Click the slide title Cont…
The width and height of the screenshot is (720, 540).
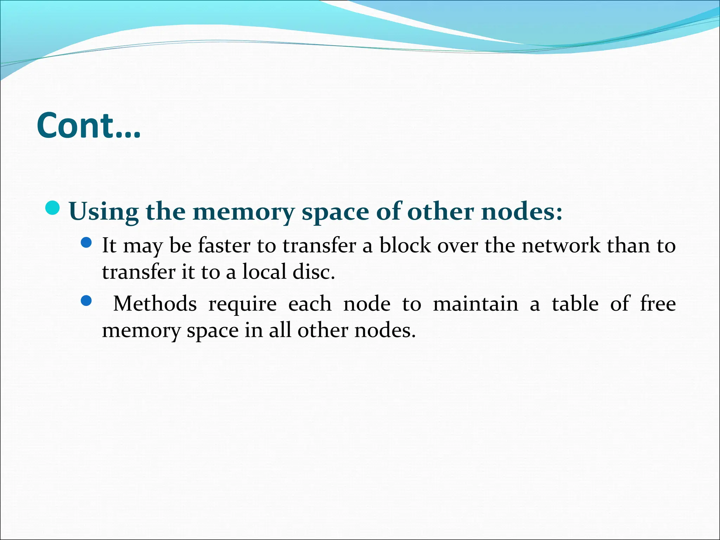[x=89, y=126]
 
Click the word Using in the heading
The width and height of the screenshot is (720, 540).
[x=104, y=212]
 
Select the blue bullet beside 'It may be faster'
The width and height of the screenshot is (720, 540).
[x=86, y=242]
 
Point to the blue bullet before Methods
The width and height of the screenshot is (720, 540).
[x=86, y=301]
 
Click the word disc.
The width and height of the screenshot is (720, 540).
[x=314, y=272]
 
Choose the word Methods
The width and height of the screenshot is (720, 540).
[x=155, y=303]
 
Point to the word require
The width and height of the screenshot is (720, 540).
[x=243, y=304]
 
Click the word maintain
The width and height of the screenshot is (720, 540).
[x=475, y=303]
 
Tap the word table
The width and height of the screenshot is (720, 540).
[x=575, y=303]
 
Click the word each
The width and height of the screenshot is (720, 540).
[x=310, y=303]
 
